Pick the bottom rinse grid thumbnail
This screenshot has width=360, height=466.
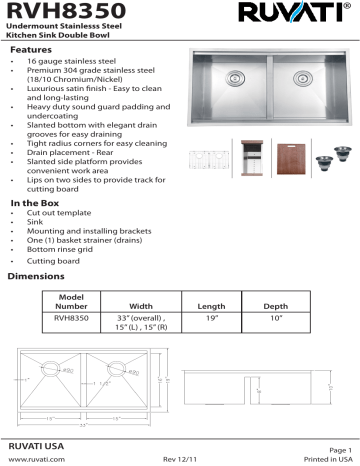[219, 158]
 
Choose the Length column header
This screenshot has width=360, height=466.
[211, 306]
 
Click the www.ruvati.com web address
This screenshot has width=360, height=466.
[37, 458]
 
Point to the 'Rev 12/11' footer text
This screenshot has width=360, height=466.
[180, 458]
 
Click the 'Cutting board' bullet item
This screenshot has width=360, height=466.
[59, 259]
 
